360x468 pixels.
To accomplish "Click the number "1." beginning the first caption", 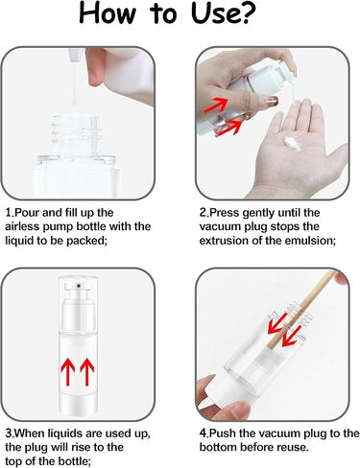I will tap(10, 212).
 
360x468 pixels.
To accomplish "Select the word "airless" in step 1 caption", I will tap(26, 226).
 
